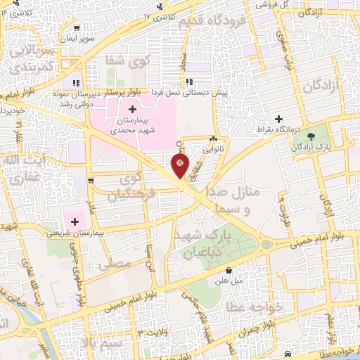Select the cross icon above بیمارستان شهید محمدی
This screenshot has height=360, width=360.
[x=132, y=110]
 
